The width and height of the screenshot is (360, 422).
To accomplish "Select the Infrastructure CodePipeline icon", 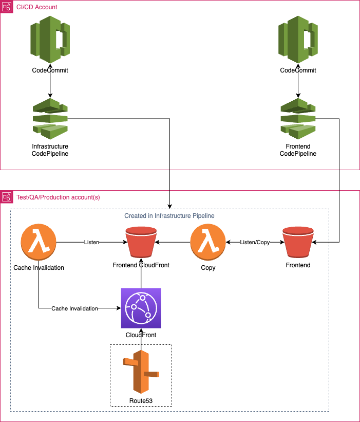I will [50, 119].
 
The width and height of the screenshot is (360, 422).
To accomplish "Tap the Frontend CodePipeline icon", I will [298, 119].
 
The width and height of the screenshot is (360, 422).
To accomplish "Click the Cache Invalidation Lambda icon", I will [39, 242].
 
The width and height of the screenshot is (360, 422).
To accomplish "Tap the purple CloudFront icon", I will [141, 308].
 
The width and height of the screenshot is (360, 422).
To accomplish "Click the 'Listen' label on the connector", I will [91, 242].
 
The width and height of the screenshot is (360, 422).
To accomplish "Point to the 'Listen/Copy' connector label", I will [254, 242].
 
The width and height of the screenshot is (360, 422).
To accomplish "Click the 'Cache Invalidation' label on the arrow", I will [74, 308].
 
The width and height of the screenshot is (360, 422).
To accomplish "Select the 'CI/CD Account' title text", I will [37, 7].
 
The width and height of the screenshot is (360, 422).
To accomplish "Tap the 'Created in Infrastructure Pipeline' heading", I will [169, 216].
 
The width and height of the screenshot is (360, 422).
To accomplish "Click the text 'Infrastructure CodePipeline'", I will [50, 150].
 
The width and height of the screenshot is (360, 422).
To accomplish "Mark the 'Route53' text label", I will [141, 400].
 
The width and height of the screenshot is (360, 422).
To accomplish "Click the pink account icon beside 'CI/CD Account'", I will [7, 7].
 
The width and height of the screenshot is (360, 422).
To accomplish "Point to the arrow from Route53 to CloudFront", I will [141, 339].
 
